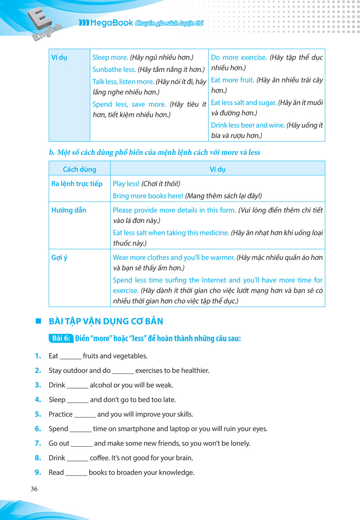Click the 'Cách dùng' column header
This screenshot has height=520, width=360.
pos(79,169)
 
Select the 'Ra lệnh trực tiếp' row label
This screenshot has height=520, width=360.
pos(77,184)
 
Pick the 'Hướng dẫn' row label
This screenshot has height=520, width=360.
pos(69,210)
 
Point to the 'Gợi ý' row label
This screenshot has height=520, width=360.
pos(59,257)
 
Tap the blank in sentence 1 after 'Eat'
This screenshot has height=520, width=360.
pos(70,356)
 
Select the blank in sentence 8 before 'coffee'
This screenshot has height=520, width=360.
pos(77,458)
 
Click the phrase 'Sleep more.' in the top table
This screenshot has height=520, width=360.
pos(110,58)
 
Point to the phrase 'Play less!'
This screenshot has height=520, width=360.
pos(126,184)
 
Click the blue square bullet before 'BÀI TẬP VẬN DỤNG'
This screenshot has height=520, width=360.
pos(38,321)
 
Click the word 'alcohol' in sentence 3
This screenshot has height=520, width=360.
pos(103,386)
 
